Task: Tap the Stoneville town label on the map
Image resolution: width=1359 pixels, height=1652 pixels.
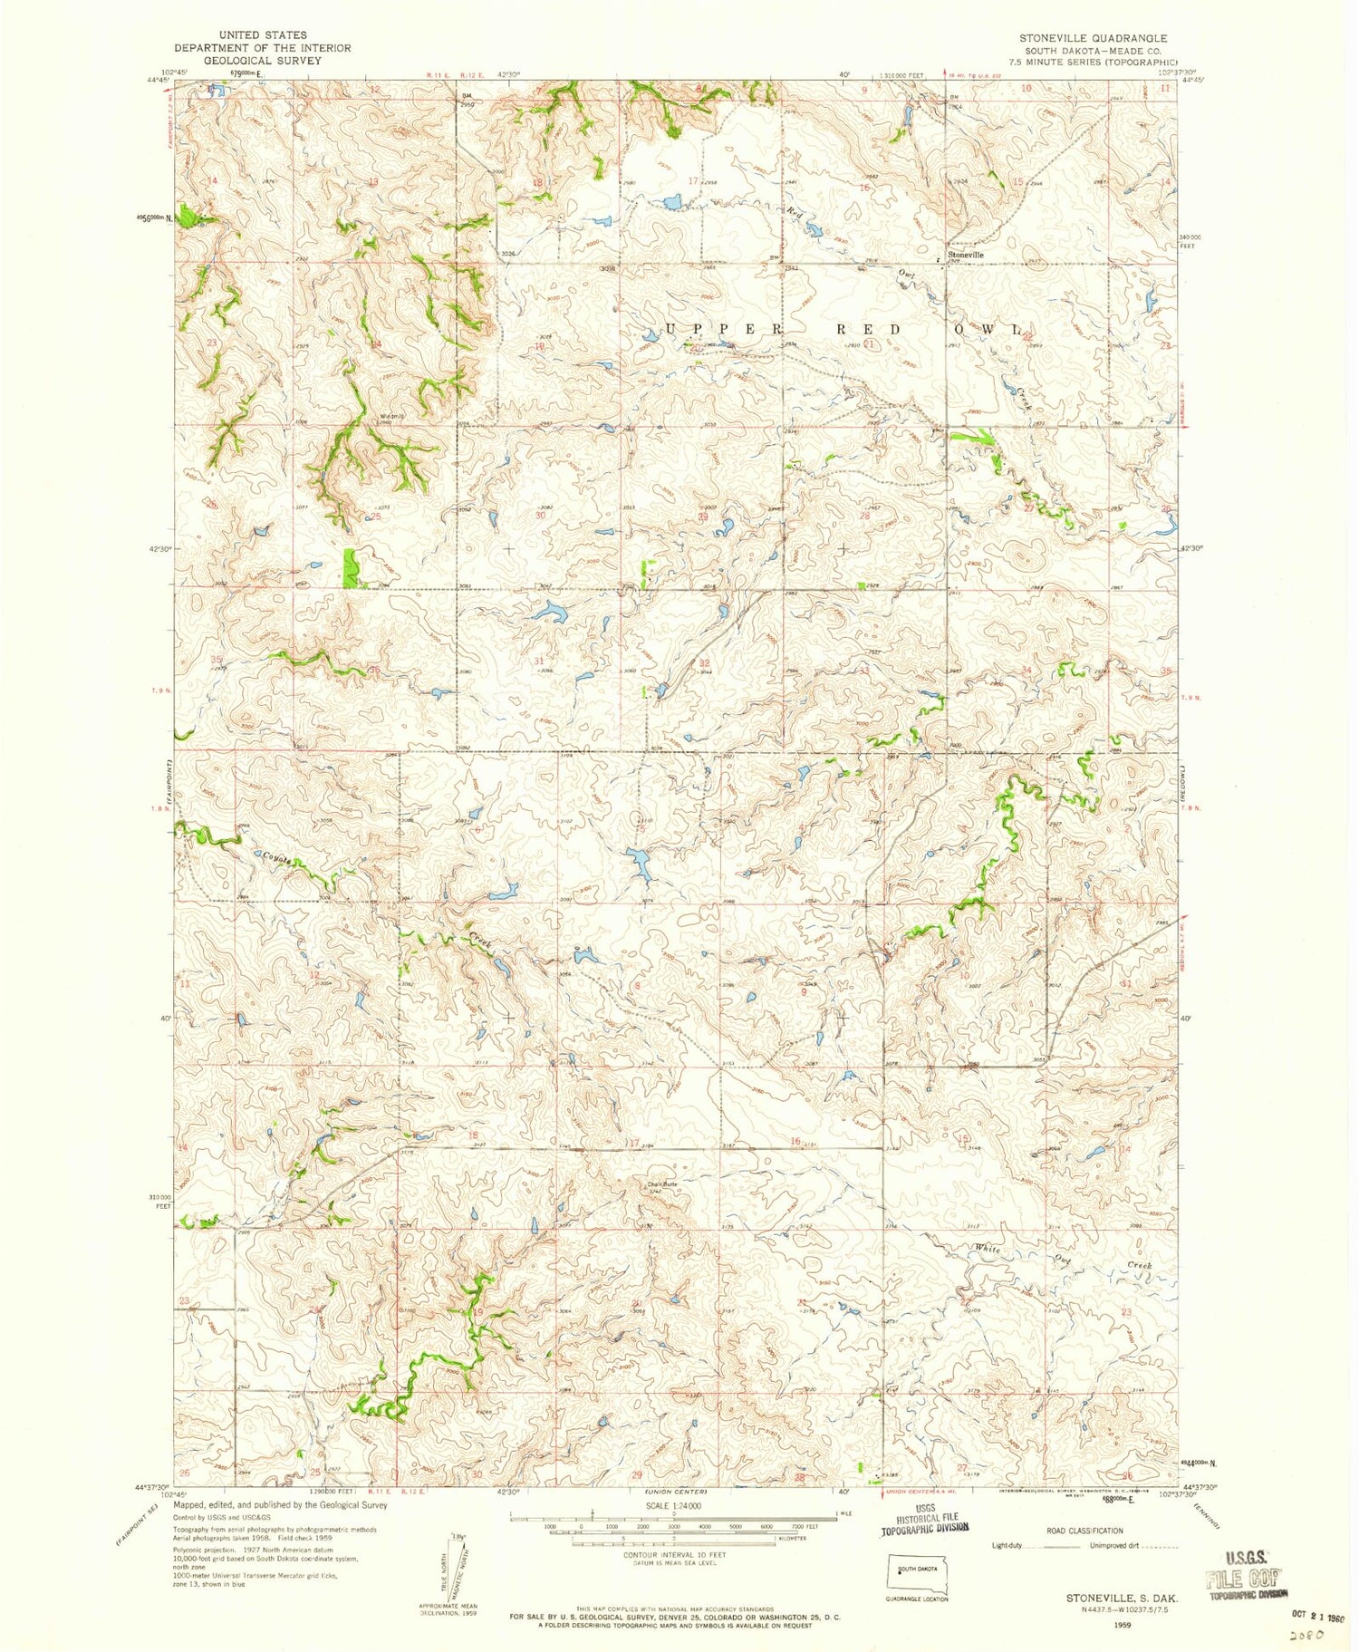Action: [x=965, y=256]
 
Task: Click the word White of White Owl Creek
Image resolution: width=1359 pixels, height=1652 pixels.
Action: [x=988, y=1249]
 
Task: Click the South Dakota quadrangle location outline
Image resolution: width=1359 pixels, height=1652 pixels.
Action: [x=917, y=1571]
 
